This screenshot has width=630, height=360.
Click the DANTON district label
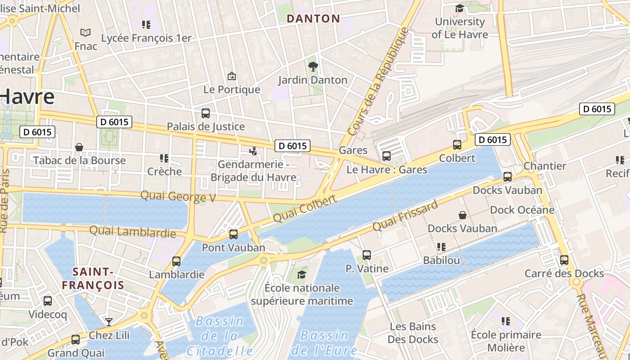pos(313,18)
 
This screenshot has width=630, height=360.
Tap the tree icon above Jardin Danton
pos(313,67)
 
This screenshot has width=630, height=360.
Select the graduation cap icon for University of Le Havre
pos(459,8)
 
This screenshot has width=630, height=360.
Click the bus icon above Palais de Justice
pos(206,113)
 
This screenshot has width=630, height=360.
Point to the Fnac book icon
pos(85,32)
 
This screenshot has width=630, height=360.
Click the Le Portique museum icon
pos(232,76)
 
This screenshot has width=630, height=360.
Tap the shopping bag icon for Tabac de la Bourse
pos(79,147)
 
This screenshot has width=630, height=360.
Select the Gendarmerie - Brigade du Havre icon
pos(253,151)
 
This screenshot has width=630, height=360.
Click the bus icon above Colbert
pos(457,145)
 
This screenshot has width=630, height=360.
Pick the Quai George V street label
pos(179,197)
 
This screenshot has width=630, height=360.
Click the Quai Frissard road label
pos(405,216)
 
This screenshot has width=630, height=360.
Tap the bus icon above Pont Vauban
pos(233,234)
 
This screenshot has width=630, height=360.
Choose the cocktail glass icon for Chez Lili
pos(108,322)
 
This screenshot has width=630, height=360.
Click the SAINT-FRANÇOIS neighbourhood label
pos(93,278)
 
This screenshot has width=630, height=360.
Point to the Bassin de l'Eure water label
pos(324,342)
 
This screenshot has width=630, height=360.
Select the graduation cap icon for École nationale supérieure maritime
pos(301,274)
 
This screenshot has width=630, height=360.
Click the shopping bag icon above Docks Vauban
pos(463,215)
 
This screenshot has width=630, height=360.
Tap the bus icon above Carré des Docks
pos(564,260)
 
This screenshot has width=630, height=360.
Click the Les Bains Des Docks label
pos(413,333)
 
